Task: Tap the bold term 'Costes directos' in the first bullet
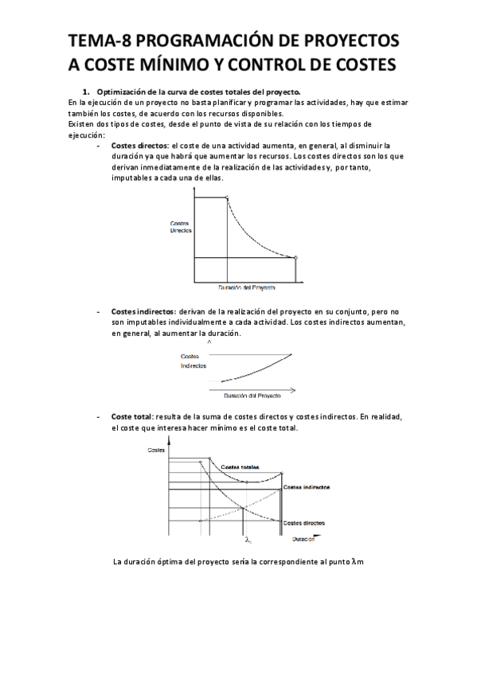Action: tap(139, 146)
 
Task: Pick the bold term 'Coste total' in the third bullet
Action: tap(131, 417)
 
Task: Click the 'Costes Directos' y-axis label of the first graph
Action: tap(181, 225)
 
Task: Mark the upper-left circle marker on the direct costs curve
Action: tap(228, 197)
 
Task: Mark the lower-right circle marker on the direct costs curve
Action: tap(296, 257)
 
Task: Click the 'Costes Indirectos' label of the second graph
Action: tap(194, 361)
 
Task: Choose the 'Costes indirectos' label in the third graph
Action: tap(307, 486)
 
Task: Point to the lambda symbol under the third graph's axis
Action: tap(248, 540)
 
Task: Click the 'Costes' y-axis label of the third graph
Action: tap(157, 451)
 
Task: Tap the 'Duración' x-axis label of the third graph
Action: tap(303, 540)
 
